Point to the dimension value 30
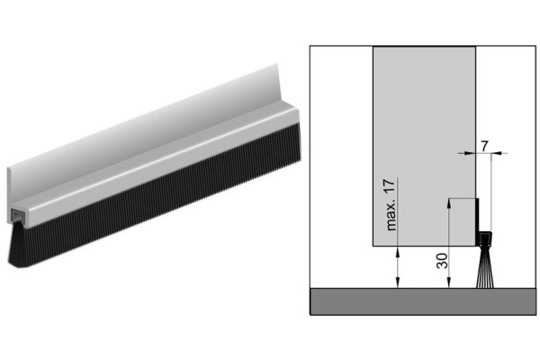point(441,262)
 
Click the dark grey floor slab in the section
point(422,301)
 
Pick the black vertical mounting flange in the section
point(479,220)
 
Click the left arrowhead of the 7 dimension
point(472,154)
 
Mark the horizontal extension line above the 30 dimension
point(461,200)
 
